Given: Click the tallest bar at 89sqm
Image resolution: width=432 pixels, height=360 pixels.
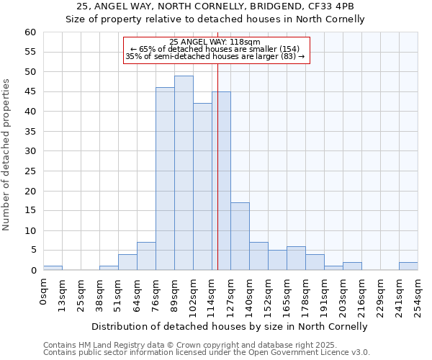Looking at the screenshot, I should tap(184, 173).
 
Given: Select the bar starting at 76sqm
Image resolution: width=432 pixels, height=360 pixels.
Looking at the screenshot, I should tap(165, 179).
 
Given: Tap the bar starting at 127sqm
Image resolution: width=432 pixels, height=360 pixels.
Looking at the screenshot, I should tap(240, 236).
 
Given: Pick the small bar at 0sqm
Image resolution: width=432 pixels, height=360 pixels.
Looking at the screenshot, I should tap(53, 268).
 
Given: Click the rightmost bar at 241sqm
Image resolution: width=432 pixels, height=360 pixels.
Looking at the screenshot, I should tap(408, 266).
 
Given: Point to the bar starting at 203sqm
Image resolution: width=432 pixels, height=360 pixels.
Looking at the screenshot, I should tap(352, 266).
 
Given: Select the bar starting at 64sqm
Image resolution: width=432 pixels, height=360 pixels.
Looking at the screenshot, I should tap(146, 256).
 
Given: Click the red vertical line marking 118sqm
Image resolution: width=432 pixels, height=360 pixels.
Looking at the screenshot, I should tap(217, 180).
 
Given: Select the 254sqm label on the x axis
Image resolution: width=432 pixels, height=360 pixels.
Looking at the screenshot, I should tap(418, 294).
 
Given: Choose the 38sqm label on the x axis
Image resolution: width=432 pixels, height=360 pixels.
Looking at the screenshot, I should tap(101, 292).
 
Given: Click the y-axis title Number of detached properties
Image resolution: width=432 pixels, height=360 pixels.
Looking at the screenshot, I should tap(6, 155).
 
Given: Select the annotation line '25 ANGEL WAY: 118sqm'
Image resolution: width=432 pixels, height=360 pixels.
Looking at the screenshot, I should tap(215, 42).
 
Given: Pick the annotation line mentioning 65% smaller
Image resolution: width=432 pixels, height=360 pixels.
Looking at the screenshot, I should tap(215, 49).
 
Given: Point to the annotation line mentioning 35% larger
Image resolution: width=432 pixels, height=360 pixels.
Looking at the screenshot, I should tap(215, 56).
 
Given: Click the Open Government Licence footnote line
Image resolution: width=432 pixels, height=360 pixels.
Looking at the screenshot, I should tap(207, 353).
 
